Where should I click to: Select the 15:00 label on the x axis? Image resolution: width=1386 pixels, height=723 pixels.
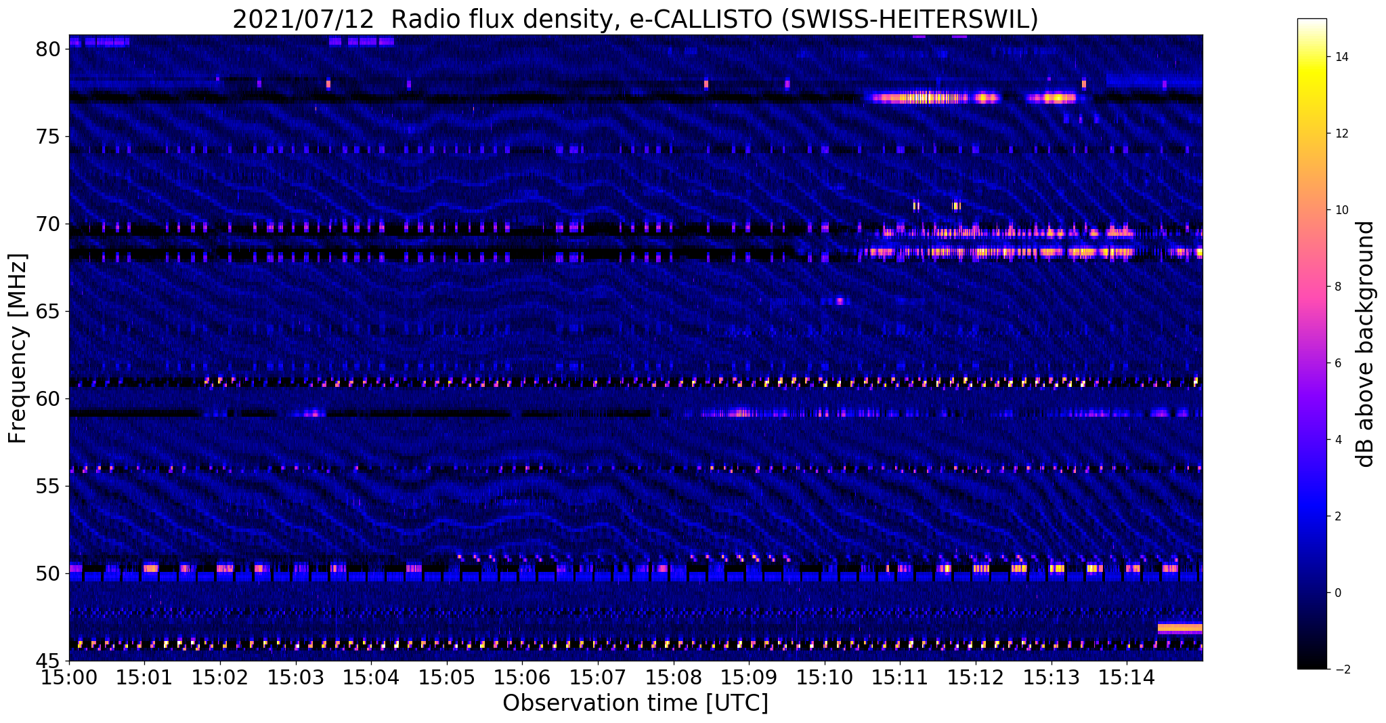click(68, 678)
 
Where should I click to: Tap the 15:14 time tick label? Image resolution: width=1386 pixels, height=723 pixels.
click(1127, 678)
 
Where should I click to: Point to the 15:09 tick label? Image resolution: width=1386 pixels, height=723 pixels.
click(749, 678)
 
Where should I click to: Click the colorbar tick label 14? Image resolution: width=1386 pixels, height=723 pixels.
click(1341, 57)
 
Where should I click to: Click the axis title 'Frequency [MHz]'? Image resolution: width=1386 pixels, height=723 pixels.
click(18, 348)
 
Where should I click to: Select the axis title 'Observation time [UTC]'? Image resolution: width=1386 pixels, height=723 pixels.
click(635, 703)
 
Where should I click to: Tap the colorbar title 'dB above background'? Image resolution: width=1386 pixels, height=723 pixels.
click(1366, 344)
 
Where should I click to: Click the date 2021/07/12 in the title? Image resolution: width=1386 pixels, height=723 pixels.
click(303, 20)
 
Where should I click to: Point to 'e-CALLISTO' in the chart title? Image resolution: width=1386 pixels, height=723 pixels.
click(700, 20)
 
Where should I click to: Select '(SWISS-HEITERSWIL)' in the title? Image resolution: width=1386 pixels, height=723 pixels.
click(909, 20)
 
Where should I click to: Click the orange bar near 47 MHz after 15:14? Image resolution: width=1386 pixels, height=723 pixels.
click(1179, 627)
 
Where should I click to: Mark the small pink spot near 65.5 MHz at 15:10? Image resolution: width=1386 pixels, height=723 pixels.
click(840, 301)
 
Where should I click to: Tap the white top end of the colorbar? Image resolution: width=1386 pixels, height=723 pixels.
click(1312, 22)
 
